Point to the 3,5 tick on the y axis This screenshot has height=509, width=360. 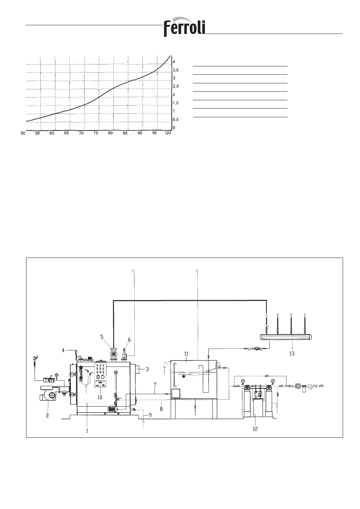point(175,70)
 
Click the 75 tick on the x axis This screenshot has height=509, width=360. point(96,133)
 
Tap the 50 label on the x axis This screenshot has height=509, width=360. point(23,133)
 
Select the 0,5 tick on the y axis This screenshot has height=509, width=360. point(175,120)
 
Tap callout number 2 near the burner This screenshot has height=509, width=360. point(47,415)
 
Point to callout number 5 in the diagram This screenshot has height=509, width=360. point(102,337)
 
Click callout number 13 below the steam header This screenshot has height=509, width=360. point(292,354)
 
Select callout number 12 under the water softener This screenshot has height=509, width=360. point(255,429)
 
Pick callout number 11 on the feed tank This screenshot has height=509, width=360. point(186,354)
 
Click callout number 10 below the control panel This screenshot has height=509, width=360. point(100,397)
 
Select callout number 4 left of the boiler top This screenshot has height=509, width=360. point(63,350)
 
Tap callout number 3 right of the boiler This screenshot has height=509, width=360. point(148,369)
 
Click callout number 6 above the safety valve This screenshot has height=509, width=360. point(129,339)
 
